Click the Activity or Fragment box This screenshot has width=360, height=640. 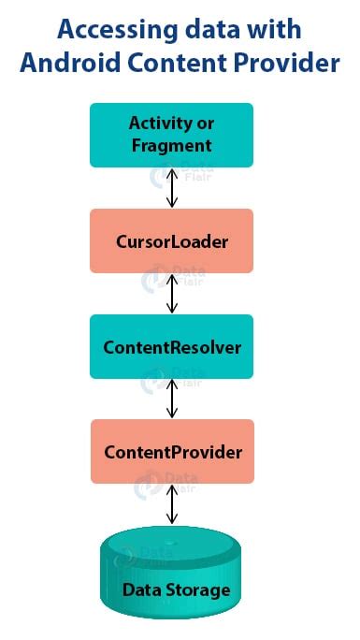171,135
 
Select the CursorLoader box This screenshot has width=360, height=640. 171,241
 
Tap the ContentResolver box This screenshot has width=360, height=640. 171,347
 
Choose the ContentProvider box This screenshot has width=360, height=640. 172,452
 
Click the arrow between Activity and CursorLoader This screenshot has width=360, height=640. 171,188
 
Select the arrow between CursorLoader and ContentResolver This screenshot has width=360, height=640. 171,294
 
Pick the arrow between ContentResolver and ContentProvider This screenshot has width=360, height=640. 171,400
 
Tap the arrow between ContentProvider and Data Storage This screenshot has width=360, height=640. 171,505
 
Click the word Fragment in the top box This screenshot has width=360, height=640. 172,146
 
